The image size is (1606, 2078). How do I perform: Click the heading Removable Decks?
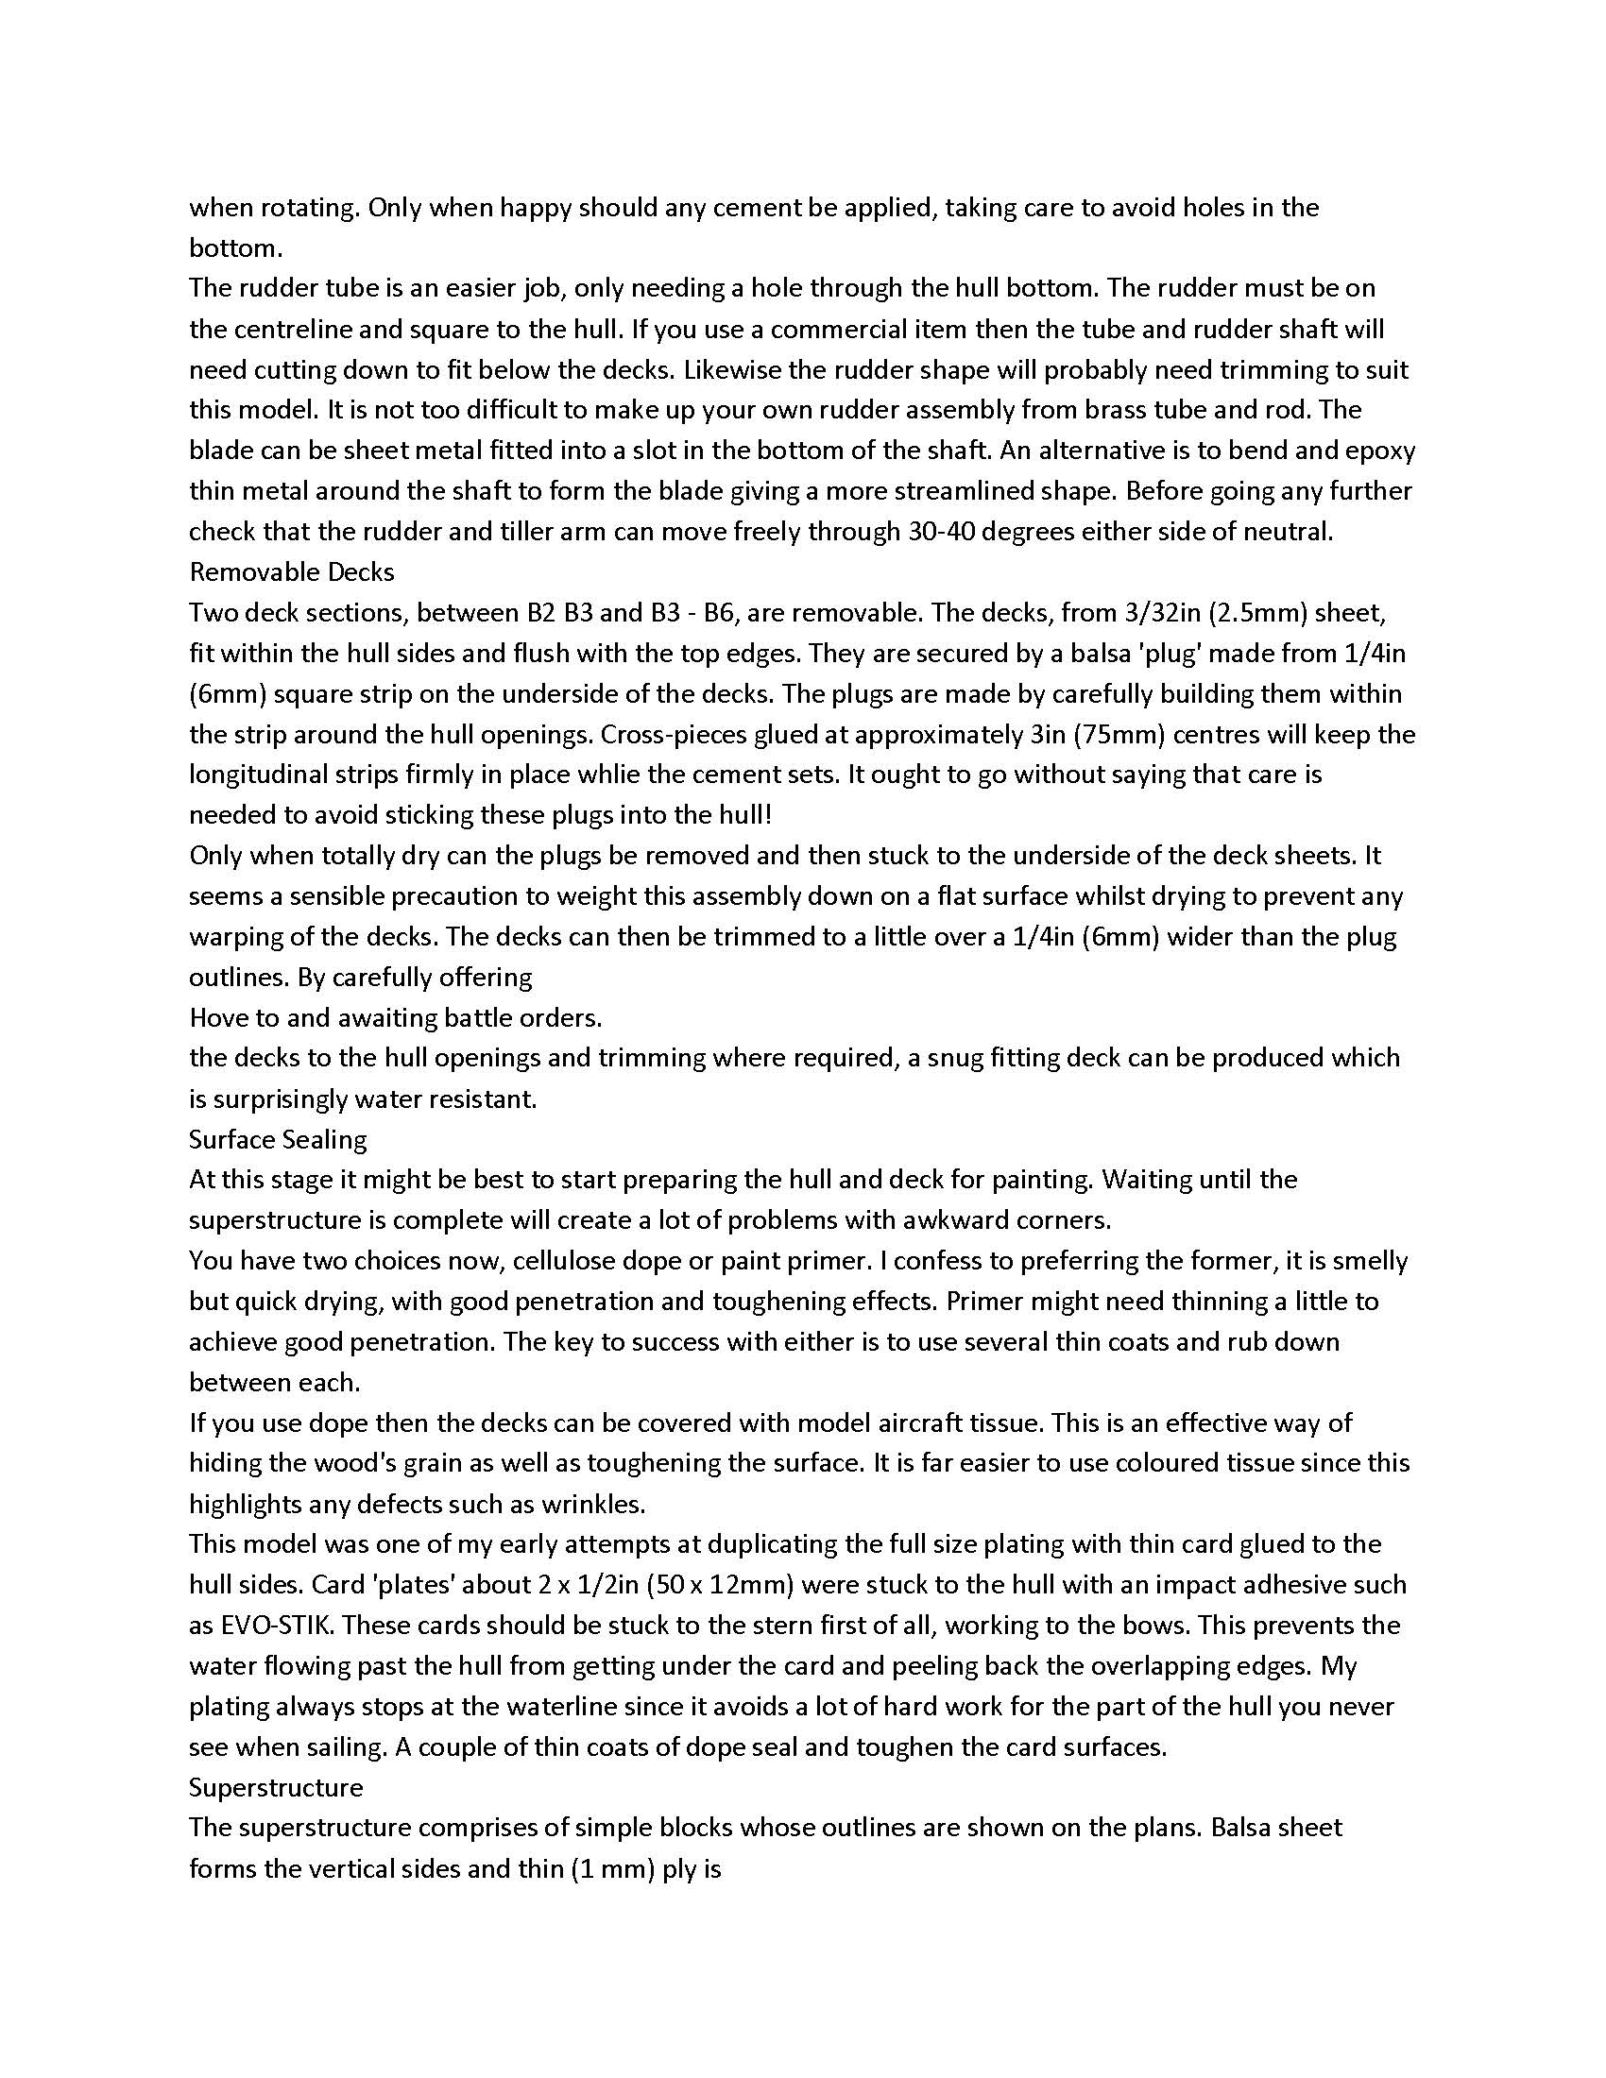click(291, 571)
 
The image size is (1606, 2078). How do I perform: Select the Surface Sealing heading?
click(278, 1139)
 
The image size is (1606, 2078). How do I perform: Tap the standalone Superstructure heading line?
click(276, 1787)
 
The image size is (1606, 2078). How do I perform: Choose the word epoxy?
click(1379, 450)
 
